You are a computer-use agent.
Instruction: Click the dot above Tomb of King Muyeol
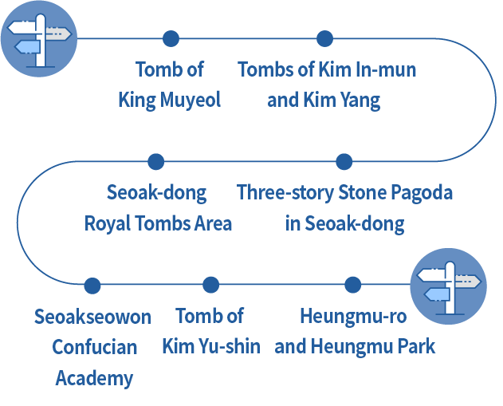(x=171, y=38)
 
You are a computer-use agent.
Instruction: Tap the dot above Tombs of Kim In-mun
(x=324, y=38)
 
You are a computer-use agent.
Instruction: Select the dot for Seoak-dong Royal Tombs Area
(x=156, y=162)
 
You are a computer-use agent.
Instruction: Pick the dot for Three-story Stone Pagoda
(x=344, y=162)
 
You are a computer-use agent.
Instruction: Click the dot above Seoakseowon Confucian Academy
(x=92, y=285)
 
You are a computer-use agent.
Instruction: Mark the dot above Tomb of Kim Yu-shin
(x=210, y=285)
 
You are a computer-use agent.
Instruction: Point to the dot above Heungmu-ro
(x=352, y=285)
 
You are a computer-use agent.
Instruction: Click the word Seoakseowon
(x=92, y=317)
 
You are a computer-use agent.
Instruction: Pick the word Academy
(x=94, y=377)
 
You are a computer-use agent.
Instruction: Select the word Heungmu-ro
(x=352, y=317)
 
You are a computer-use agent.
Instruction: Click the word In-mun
(x=388, y=69)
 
